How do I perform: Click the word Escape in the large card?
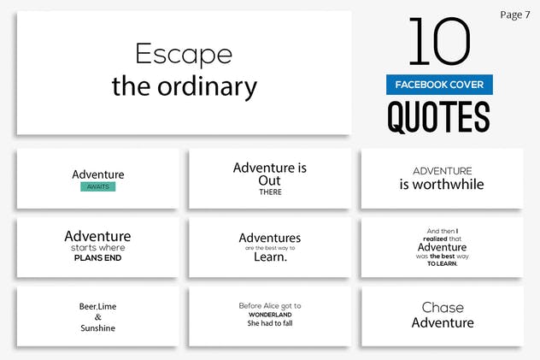(184, 56)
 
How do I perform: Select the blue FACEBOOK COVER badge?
(439, 85)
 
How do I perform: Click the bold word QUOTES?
(439, 116)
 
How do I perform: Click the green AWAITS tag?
(98, 186)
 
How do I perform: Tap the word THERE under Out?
(270, 192)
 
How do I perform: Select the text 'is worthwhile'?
(442, 184)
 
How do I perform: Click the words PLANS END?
(98, 257)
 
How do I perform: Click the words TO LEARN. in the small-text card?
(442, 263)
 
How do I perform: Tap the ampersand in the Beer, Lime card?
(97, 316)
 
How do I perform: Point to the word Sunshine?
(98, 328)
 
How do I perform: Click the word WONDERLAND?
(270, 314)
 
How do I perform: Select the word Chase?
(443, 308)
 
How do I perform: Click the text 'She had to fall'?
(270, 324)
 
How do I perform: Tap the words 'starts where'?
(98, 248)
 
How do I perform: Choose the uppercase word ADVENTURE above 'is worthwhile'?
(442, 171)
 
